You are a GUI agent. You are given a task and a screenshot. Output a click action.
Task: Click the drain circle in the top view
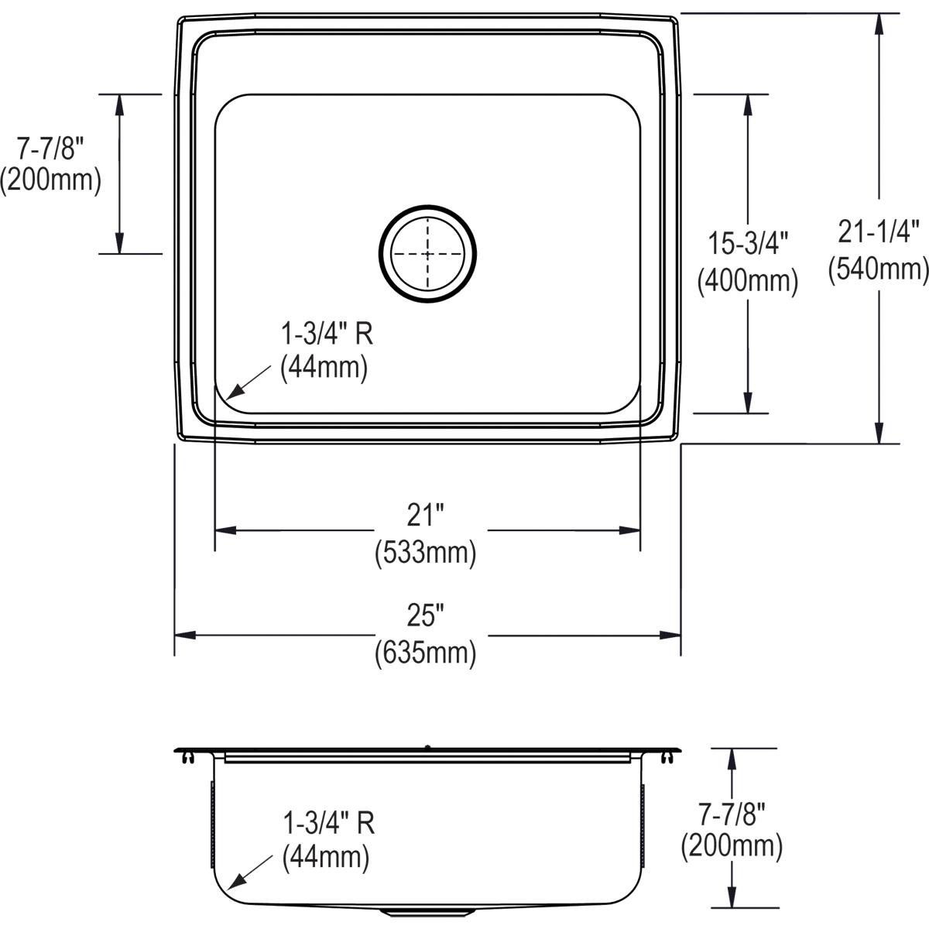click(427, 253)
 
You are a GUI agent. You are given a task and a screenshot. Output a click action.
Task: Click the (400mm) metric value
click(747, 280)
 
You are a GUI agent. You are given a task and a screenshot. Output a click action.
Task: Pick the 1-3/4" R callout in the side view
click(328, 823)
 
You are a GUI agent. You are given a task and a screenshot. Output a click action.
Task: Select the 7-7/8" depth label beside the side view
click(732, 812)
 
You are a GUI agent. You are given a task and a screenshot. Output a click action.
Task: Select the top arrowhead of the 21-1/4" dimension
click(878, 23)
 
